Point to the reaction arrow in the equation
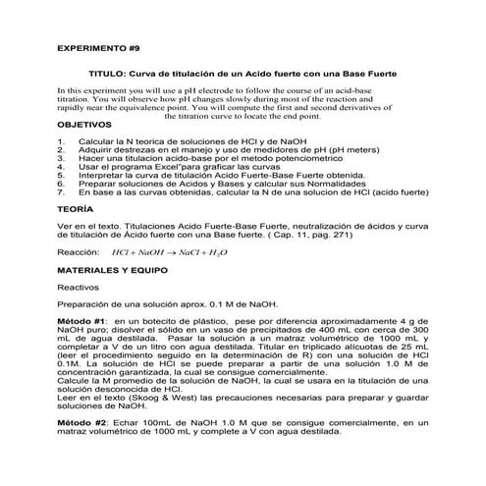click(168, 251)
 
